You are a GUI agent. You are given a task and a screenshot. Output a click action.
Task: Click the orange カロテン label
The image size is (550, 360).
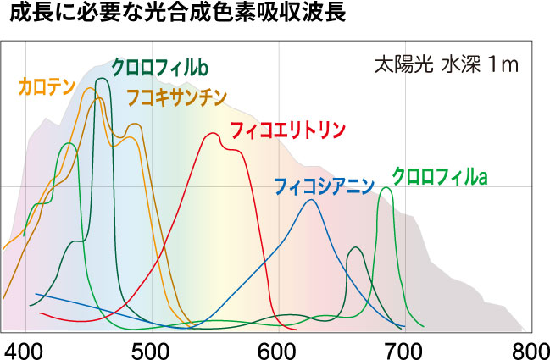pyautogui.click(x=47, y=85)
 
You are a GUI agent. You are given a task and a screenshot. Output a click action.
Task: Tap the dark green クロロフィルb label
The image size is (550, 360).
pyautogui.click(x=160, y=66)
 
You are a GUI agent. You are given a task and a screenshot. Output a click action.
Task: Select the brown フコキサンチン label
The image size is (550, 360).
pyautogui.click(x=176, y=97)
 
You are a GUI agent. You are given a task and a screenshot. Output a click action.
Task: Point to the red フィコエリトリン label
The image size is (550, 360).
pyautogui.click(x=288, y=130)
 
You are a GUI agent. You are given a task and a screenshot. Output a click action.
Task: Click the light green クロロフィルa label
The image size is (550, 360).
pyautogui.click(x=439, y=176)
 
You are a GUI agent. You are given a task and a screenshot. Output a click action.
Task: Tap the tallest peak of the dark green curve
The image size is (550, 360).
pyautogui.click(x=103, y=79)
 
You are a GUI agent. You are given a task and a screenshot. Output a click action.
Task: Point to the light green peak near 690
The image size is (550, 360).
pyautogui.click(x=386, y=188)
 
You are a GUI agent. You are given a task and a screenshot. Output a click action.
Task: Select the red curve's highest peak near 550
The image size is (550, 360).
pyautogui.click(x=212, y=133)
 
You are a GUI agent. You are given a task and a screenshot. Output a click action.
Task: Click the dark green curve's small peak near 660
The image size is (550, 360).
pyautogui.click(x=356, y=247)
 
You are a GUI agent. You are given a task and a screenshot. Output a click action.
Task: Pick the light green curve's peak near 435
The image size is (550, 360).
pyautogui.click(x=69, y=143)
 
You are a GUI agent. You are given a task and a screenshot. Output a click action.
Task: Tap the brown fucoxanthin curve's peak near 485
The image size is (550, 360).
pyautogui.click(x=133, y=125)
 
